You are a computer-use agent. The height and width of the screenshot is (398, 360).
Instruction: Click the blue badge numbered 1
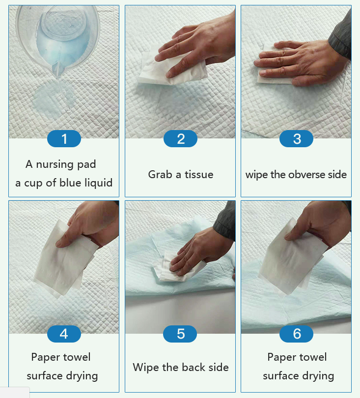click(x=64, y=138)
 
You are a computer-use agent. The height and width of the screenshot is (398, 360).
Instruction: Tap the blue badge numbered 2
click(x=180, y=138)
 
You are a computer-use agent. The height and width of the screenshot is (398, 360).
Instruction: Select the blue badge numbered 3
click(x=296, y=138)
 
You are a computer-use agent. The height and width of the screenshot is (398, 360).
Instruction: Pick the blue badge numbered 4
click(x=64, y=334)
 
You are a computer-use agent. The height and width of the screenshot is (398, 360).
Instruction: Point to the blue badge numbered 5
click(x=180, y=334)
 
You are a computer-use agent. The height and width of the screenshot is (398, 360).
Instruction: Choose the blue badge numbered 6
click(x=296, y=334)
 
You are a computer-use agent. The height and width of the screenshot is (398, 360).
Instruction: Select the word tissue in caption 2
click(x=199, y=175)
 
